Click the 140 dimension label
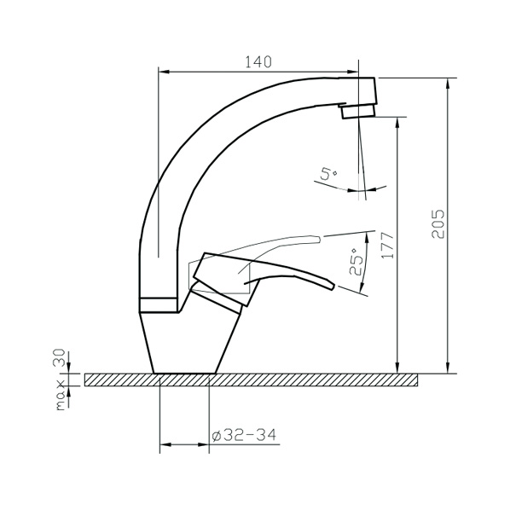258,61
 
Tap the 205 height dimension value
438,223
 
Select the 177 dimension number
387,246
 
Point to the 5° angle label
328,174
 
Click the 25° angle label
356,262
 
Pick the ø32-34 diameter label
244,435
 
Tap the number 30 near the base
60,358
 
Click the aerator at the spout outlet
358,111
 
